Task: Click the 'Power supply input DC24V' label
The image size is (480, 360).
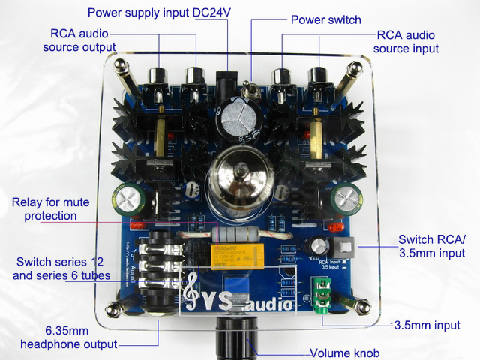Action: (x=160, y=13)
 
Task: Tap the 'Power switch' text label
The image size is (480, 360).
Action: (x=325, y=19)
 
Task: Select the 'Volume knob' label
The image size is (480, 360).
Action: (x=345, y=352)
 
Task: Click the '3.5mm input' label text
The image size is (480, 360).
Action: (x=428, y=327)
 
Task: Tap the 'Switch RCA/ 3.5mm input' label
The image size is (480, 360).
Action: (x=432, y=246)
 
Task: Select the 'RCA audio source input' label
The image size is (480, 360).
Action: (x=406, y=42)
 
